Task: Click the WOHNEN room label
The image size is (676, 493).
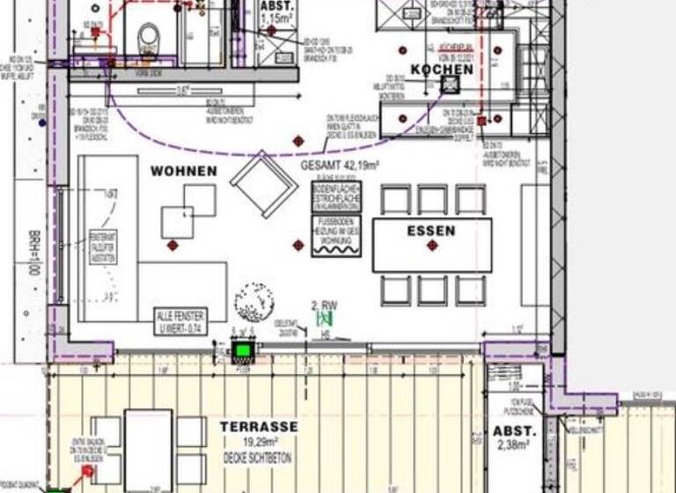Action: tap(183, 170)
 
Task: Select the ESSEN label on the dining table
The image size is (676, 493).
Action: tap(431, 231)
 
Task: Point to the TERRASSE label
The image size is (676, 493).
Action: tap(259, 427)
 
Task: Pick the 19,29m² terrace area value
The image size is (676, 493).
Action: tap(259, 443)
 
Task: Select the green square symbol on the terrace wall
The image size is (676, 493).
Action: tap(242, 351)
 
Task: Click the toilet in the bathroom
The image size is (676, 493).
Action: tap(149, 35)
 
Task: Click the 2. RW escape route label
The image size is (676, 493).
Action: tap(326, 307)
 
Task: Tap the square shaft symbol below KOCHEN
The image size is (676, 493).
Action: tap(451, 85)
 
